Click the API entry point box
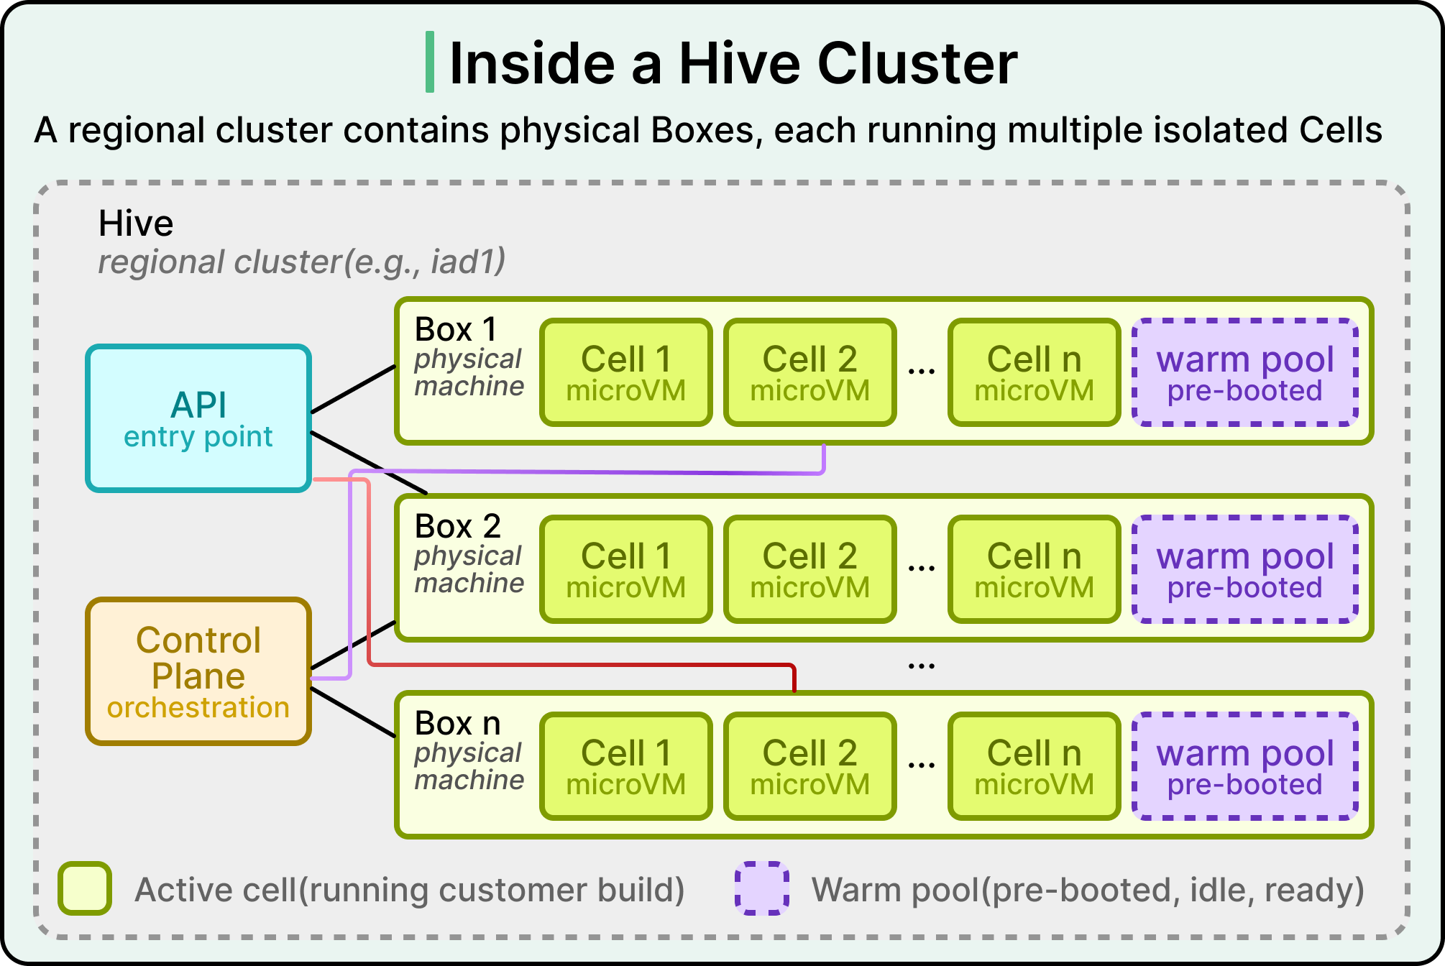click(x=198, y=418)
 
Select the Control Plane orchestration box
click(x=198, y=671)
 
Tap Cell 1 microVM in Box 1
click(x=626, y=372)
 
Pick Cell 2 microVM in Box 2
click(x=810, y=569)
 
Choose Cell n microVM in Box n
click(x=1035, y=766)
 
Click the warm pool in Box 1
click(x=1245, y=372)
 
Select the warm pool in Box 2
click(x=1245, y=569)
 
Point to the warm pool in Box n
click(x=1245, y=766)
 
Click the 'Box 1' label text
click(x=456, y=330)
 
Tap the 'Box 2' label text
click(x=458, y=527)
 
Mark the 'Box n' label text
click(x=458, y=724)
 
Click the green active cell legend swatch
click(x=85, y=888)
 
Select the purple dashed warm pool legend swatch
click(x=762, y=888)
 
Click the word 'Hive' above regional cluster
click(x=136, y=224)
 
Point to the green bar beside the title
click(x=430, y=62)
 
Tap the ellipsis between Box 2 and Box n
click(x=922, y=666)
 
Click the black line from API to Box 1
click(x=353, y=389)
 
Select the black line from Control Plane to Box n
click(x=353, y=712)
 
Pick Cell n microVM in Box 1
click(x=1035, y=372)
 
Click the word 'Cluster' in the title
click(x=918, y=63)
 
